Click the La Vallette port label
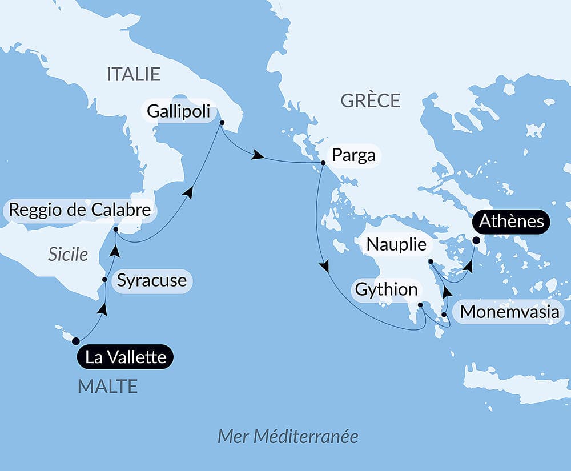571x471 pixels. pyautogui.click(x=125, y=357)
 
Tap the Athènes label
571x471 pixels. pyautogui.click(x=512, y=221)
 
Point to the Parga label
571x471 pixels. pyautogui.click(x=353, y=155)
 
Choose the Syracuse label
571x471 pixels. pyautogui.click(x=151, y=280)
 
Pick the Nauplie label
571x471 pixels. pyautogui.click(x=396, y=244)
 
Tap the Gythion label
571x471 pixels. pyautogui.click(x=387, y=289)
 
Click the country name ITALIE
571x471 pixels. pyautogui.click(x=134, y=74)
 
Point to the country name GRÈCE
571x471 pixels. pyautogui.click(x=370, y=101)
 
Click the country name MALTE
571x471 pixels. pyautogui.click(x=107, y=387)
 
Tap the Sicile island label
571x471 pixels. pyautogui.click(x=68, y=254)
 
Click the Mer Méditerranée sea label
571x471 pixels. pyautogui.click(x=288, y=437)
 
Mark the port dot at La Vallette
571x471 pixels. pyautogui.click(x=75, y=341)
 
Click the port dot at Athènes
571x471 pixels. pyautogui.click(x=476, y=241)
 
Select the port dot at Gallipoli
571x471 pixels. pyautogui.click(x=222, y=123)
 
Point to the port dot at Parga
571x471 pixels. pyautogui.click(x=323, y=163)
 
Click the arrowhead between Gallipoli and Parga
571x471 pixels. pyautogui.click(x=259, y=155)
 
